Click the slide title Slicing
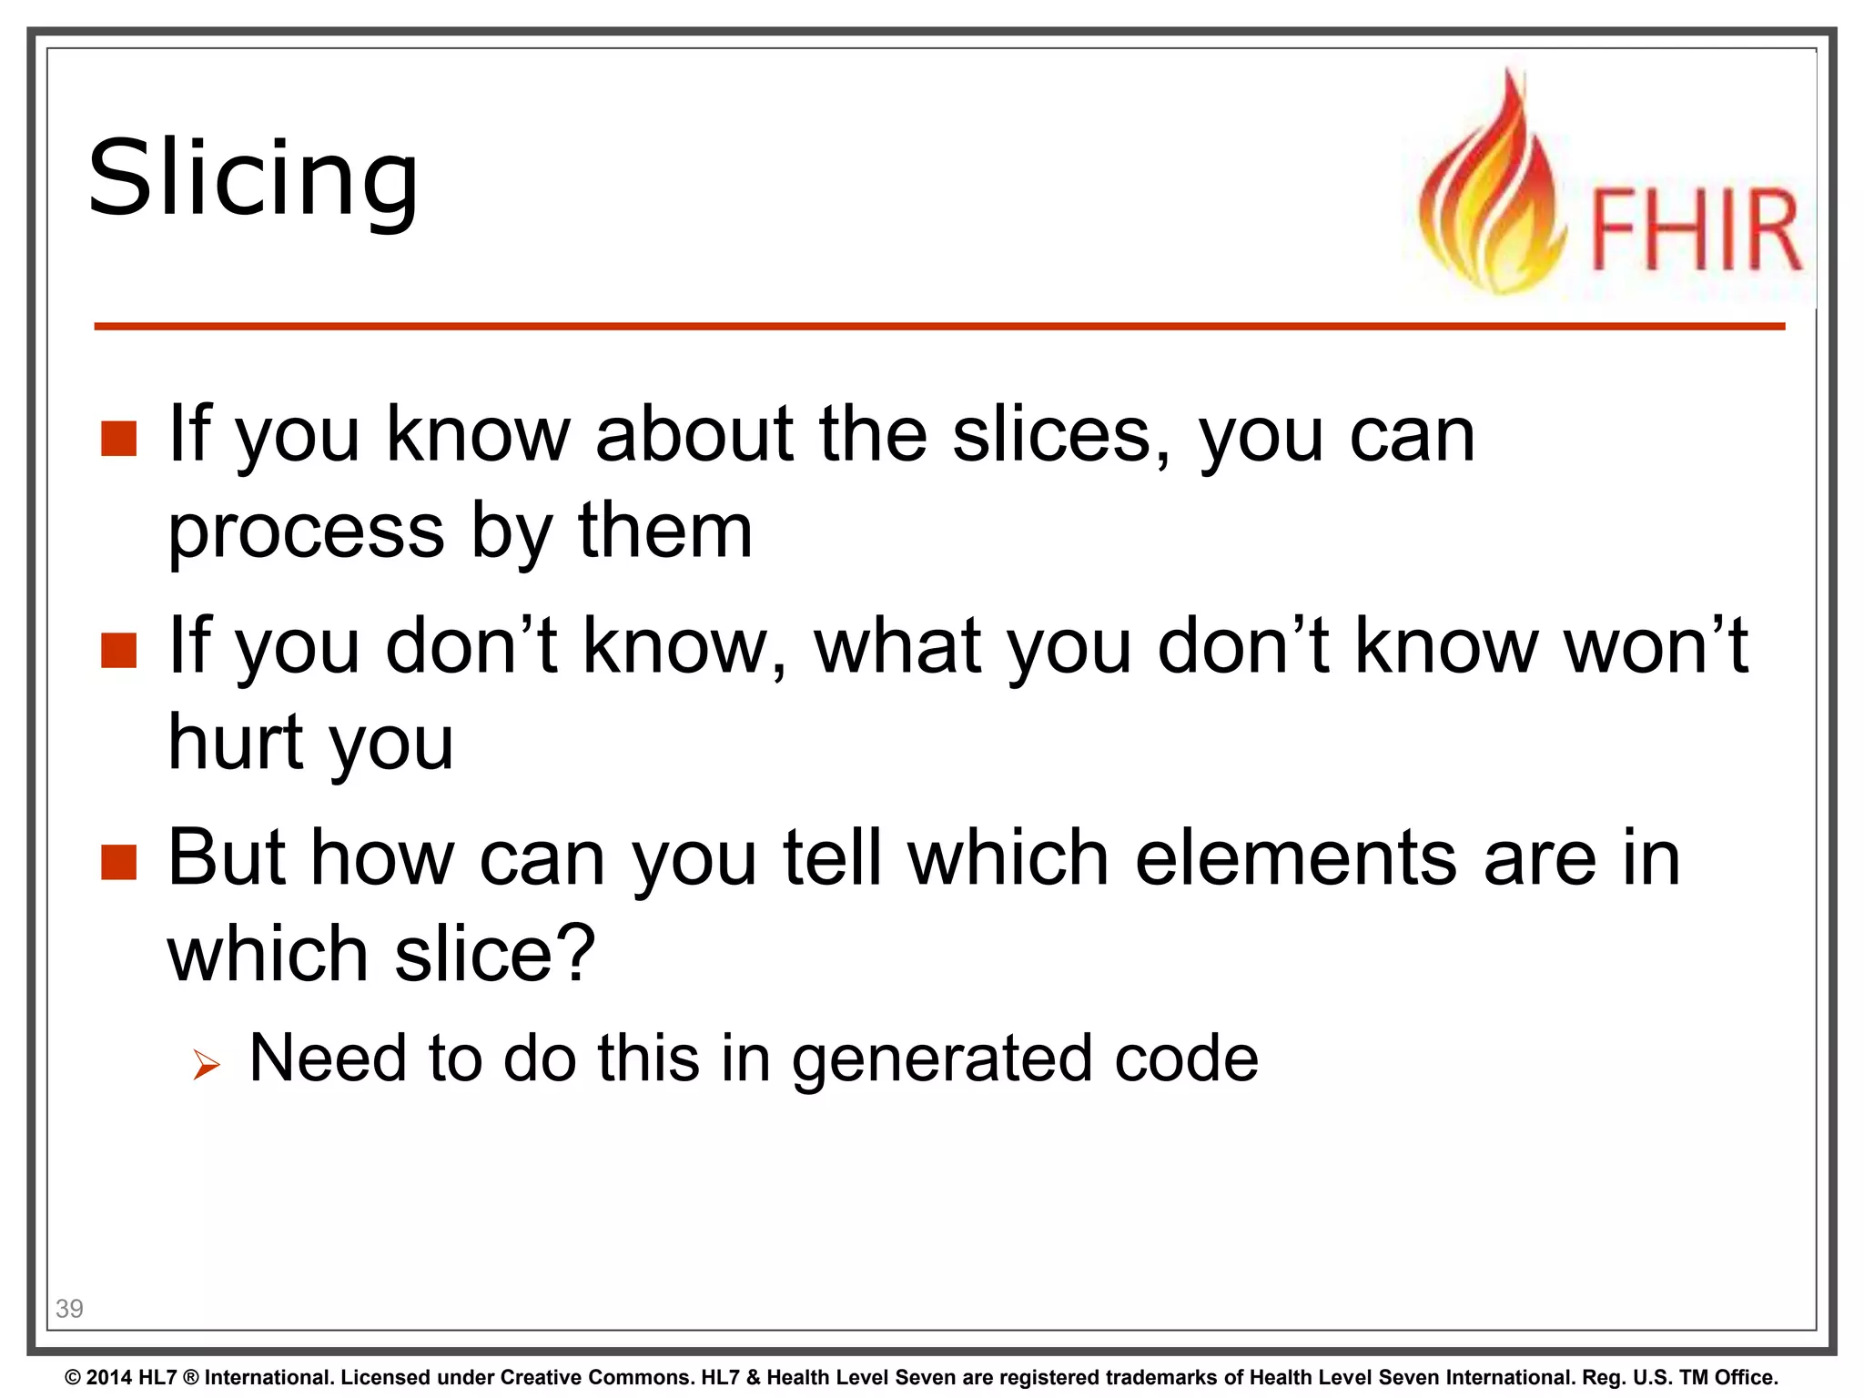click(x=253, y=178)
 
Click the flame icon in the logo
click(x=1490, y=191)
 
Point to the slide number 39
click(x=69, y=1308)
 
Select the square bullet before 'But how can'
click(x=119, y=862)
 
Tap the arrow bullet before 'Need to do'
click(x=207, y=1063)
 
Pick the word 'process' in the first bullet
click(x=306, y=532)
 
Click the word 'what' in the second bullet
click(x=897, y=646)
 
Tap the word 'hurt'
click(x=236, y=742)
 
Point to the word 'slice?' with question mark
click(x=494, y=954)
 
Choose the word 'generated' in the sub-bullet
click(x=941, y=1059)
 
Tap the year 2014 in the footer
click(x=109, y=1377)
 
